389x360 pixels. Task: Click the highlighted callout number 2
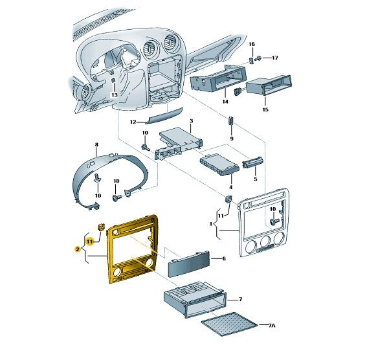[x=77, y=249]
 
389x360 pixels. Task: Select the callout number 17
[x=274, y=58]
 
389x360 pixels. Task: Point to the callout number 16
[x=252, y=43]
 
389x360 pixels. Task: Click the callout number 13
[x=114, y=95]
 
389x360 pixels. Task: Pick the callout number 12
[x=133, y=122]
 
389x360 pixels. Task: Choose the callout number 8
[x=96, y=145]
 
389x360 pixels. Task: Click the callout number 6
[x=223, y=258]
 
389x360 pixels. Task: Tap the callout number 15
[x=265, y=110]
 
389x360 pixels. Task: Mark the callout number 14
[x=225, y=102]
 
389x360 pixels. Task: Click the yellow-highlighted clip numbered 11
[x=102, y=227]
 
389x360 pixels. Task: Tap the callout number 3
[x=191, y=121]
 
